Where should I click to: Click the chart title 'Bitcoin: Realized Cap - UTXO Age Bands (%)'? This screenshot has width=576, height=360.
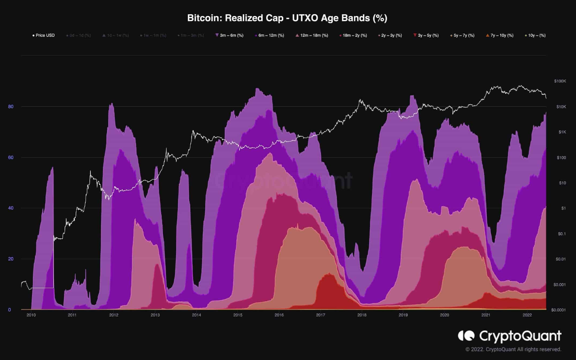click(x=288, y=18)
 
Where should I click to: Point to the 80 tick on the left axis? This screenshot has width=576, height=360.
click(x=11, y=107)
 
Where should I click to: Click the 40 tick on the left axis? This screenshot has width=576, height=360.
click(x=11, y=208)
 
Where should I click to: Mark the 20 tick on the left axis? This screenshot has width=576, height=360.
click(x=11, y=259)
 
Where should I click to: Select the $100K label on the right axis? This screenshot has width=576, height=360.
click(x=560, y=82)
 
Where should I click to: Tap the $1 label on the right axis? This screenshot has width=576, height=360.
click(x=563, y=208)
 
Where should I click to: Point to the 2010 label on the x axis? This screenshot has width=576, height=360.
click(x=31, y=315)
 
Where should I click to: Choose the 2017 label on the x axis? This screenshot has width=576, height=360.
click(x=320, y=315)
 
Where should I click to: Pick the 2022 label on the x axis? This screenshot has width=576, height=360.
click(x=527, y=315)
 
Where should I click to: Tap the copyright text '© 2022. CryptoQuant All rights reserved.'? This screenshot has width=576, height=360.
click(x=513, y=349)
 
